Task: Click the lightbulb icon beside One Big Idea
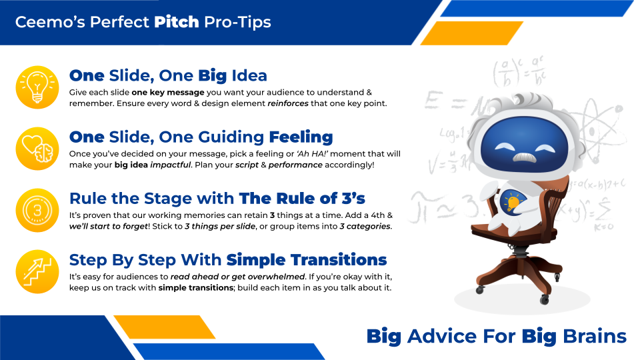37,87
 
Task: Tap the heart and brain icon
37,149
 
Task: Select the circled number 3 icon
37,210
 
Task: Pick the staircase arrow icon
37,272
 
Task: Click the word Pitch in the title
176,21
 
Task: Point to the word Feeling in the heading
301,137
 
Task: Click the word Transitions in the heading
307,260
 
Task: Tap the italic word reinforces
288,103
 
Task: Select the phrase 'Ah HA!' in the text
312,154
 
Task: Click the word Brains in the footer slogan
594,336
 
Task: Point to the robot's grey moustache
524,157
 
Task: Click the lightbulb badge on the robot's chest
512,201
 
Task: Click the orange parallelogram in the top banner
472,33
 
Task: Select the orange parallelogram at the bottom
165,327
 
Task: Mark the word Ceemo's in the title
50,21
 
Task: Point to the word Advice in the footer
441,336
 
